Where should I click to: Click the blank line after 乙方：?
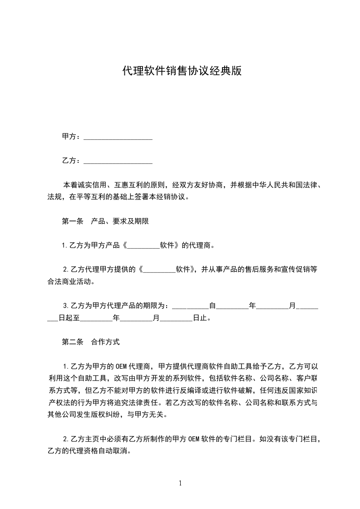(118, 161)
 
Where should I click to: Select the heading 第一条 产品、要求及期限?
(105, 222)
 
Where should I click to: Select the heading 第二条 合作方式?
(91, 342)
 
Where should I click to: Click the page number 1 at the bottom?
(180, 483)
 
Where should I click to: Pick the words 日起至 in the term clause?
(69, 318)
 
